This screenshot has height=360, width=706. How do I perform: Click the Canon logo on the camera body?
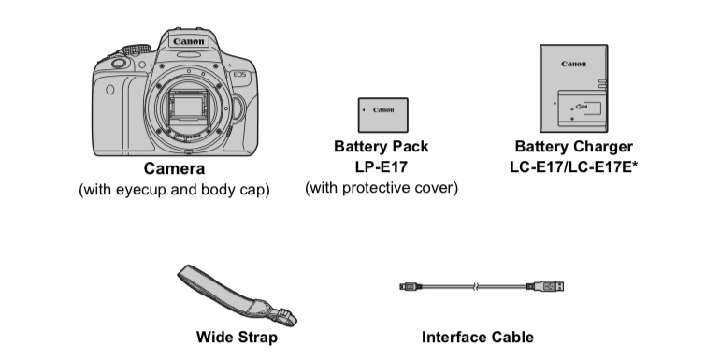click(189, 42)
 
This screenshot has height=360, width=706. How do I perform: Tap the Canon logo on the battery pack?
click(383, 109)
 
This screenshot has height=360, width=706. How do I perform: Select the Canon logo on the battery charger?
click(573, 64)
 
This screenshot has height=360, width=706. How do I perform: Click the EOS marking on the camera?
click(239, 74)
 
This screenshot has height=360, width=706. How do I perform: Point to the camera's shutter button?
click(119, 64)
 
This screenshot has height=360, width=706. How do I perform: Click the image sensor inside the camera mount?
click(187, 108)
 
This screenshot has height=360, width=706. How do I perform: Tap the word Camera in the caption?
click(174, 168)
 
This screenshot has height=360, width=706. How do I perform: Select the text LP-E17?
click(381, 167)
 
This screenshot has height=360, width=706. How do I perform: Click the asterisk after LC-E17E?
click(634, 165)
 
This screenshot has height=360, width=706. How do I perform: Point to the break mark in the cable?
click(476, 286)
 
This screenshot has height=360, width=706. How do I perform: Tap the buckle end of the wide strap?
click(284, 316)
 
